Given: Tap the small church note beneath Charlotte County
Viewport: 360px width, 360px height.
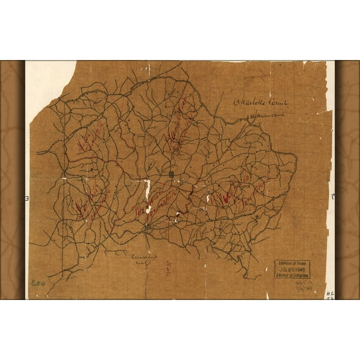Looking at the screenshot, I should [263, 117].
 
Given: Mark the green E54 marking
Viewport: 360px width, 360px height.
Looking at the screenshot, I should [39, 283].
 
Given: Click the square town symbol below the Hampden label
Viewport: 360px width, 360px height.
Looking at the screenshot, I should [171, 174].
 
